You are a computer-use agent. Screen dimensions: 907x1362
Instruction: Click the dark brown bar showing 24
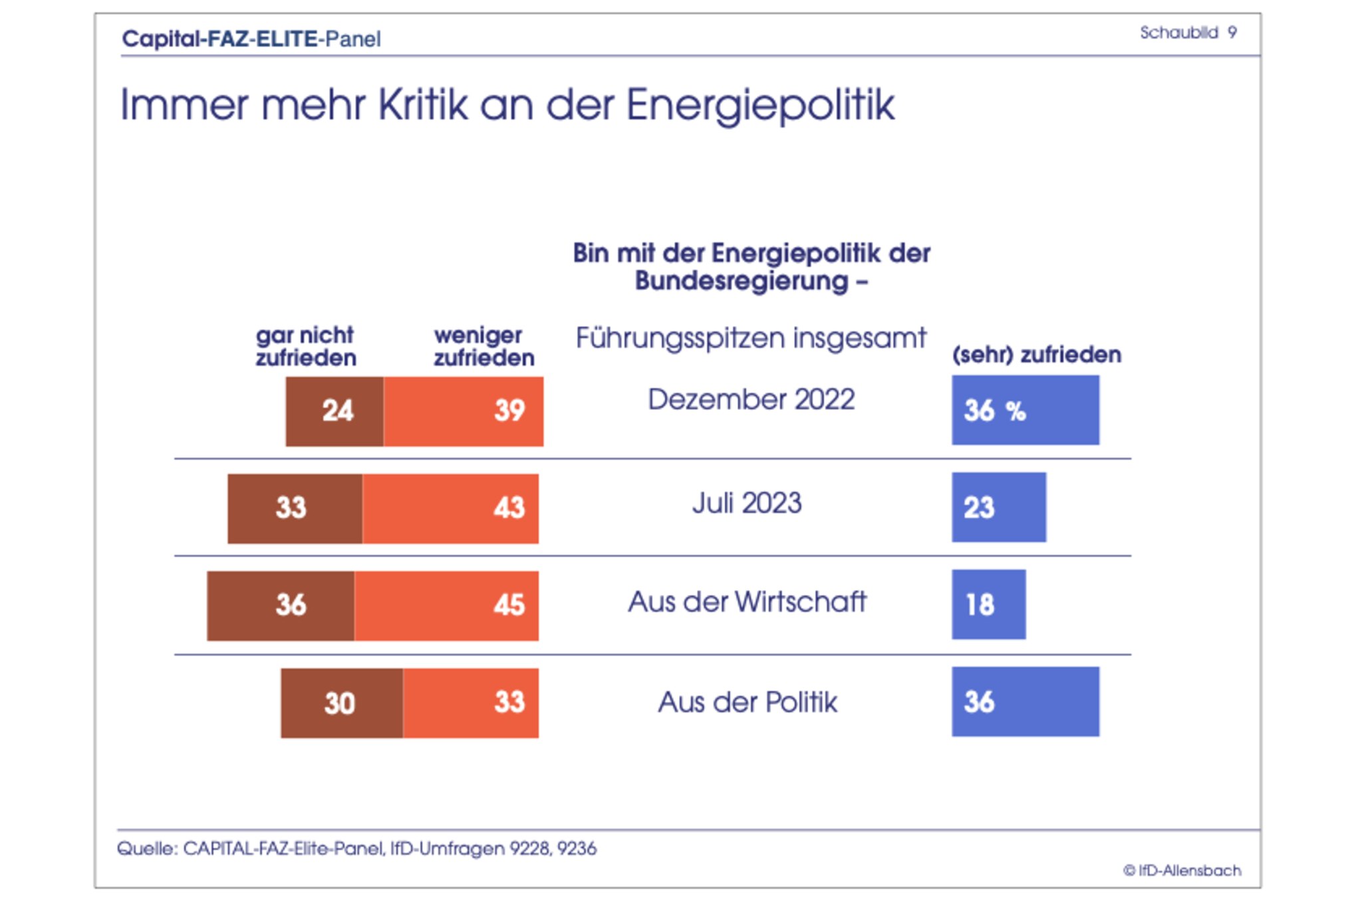335,411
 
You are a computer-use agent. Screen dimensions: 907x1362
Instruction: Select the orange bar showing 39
464,411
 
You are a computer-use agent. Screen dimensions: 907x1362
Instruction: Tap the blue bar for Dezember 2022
1025,410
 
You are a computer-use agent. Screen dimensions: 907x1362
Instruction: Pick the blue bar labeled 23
998,507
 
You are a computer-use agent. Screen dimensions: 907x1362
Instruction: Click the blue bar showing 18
988,604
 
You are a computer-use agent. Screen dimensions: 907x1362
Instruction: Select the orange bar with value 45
446,606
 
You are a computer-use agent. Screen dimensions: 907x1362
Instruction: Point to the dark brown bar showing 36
281,606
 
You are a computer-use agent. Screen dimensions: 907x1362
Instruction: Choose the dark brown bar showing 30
342,703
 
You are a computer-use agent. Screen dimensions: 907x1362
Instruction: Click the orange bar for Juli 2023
450,508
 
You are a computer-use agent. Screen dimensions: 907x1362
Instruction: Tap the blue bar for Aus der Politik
1025,701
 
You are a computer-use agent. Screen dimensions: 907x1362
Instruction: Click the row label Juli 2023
747,503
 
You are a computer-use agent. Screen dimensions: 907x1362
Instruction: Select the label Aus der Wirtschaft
747,602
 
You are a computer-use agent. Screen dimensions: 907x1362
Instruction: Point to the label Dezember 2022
751,399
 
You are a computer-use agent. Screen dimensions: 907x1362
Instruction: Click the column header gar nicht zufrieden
306,347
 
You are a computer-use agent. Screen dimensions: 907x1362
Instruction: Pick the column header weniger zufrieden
483,347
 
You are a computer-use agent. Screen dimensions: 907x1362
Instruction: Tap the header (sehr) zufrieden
1036,355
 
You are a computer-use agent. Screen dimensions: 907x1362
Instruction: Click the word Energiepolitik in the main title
760,104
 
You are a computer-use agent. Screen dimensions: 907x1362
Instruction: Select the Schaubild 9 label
1188,33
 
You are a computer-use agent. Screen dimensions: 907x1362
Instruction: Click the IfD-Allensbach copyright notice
1182,870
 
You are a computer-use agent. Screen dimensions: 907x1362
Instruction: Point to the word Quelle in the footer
146,848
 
